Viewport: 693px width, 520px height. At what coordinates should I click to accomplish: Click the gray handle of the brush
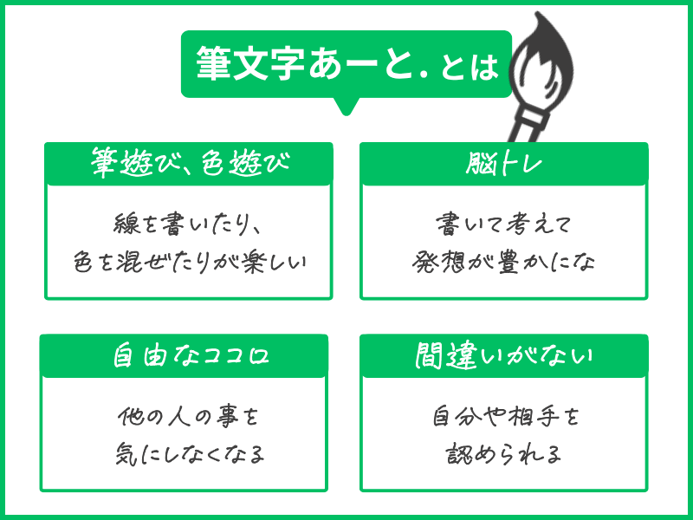point(523,121)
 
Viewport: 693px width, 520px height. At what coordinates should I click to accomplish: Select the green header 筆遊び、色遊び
point(188,162)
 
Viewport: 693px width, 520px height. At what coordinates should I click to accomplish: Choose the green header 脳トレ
point(503,162)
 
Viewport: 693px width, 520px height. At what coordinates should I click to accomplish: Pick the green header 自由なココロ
point(184,356)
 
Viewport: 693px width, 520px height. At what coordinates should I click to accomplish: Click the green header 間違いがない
point(503,356)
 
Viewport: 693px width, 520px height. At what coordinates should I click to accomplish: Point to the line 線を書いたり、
point(188,224)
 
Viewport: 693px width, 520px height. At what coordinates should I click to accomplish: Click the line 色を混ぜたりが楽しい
point(188,262)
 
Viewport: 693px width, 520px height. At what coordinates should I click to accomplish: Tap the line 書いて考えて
point(503,224)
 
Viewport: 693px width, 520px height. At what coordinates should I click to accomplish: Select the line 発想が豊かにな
point(503,262)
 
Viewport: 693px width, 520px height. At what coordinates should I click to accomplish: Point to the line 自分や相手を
point(505,417)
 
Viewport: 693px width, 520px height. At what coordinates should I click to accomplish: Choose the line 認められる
point(505,454)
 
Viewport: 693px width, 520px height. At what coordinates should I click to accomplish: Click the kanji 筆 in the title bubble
point(213,66)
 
